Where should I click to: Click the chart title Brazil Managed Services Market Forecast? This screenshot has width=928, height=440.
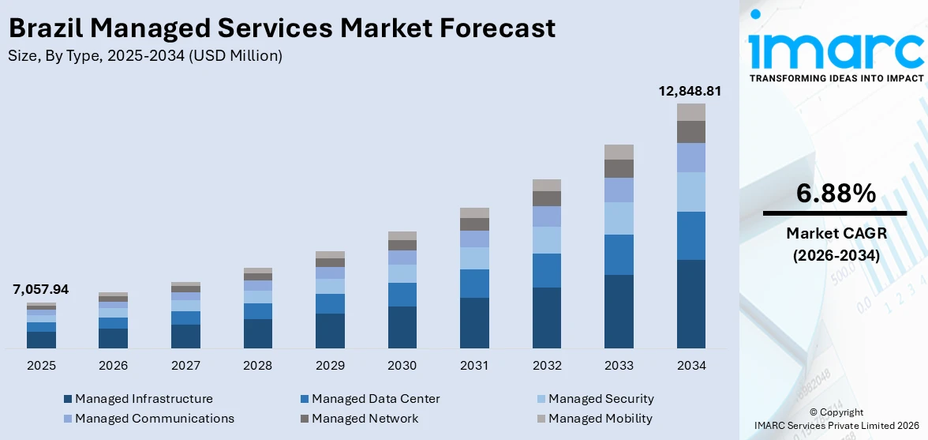coord(282,28)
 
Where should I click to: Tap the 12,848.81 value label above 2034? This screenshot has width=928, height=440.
coord(690,91)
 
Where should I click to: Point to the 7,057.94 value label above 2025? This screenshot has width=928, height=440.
coord(40,290)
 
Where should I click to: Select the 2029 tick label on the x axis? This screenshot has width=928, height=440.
coord(330,366)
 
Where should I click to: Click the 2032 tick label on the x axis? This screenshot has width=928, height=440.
coord(547,366)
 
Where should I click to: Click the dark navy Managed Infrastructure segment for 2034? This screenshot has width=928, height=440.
coord(690,303)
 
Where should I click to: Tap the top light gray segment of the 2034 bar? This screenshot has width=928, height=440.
coord(690,112)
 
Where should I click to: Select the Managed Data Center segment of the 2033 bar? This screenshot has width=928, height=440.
coord(619,254)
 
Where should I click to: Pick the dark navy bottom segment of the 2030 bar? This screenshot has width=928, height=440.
coord(402,327)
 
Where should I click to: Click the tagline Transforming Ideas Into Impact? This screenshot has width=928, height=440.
coord(836,78)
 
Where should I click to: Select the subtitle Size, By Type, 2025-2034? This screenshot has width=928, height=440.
coord(144,55)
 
